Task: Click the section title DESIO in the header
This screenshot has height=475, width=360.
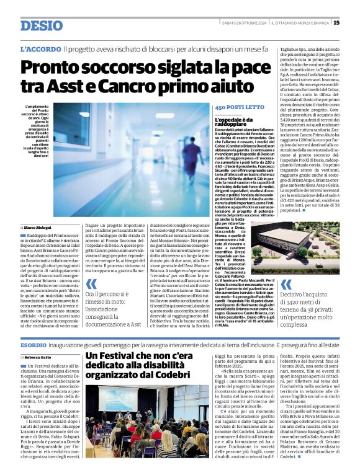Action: tap(41, 26)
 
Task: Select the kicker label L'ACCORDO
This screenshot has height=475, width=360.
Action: tap(40, 48)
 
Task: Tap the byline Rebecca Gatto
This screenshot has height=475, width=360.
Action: tap(38, 358)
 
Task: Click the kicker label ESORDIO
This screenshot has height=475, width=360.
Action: tap(33, 344)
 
